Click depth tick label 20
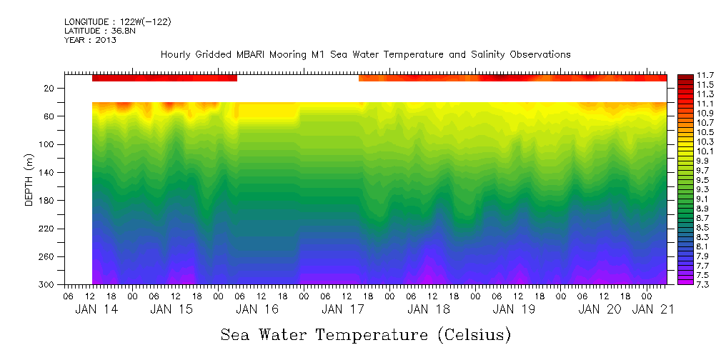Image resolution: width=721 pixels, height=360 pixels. point(50,89)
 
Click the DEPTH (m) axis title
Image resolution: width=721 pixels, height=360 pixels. point(29,181)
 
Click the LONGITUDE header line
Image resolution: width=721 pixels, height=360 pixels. point(117,22)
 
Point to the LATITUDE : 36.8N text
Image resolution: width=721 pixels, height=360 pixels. point(99,31)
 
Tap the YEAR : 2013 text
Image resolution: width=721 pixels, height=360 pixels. point(90,40)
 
